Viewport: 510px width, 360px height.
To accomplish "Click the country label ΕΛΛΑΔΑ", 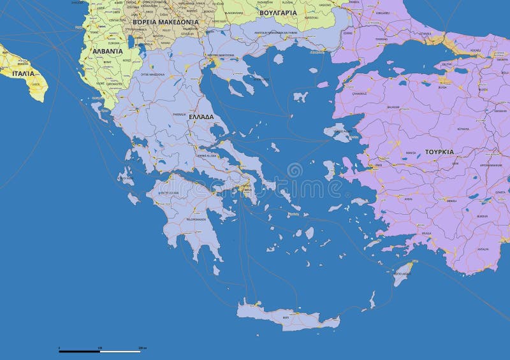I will pyautogui.click(x=201, y=117).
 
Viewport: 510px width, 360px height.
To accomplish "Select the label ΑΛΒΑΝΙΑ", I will pyautogui.click(x=107, y=51).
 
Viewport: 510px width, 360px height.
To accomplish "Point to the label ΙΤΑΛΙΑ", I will pyautogui.click(x=23, y=73).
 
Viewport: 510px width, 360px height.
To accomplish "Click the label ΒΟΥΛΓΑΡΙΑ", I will pyautogui.click(x=279, y=12).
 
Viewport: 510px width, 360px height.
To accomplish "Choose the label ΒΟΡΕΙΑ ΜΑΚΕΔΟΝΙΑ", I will pyautogui.click(x=166, y=22).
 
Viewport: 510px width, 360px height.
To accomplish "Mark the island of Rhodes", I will pyautogui.click(x=402, y=276).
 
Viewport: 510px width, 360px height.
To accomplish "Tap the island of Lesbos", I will pyautogui.click(x=338, y=133).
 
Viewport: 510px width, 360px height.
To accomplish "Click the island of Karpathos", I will pyautogui.click(x=372, y=299).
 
